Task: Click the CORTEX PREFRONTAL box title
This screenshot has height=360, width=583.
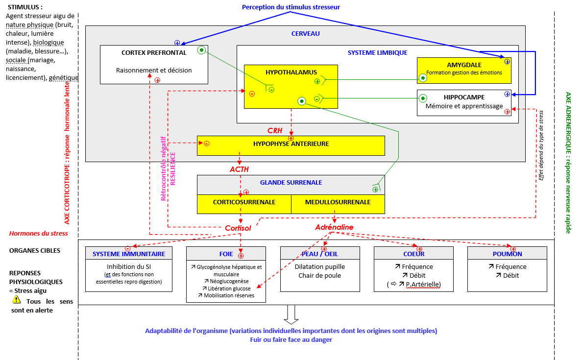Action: point(154,52)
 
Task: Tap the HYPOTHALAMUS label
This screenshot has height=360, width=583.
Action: point(291,72)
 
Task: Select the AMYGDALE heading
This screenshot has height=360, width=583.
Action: point(464,65)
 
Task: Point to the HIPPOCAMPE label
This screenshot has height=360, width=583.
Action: point(464,97)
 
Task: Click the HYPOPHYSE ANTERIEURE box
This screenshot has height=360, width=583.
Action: point(291,144)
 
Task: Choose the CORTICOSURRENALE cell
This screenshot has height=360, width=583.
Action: point(244,202)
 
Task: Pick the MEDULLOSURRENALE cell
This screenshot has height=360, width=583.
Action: point(338,202)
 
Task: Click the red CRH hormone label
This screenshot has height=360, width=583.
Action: point(275,131)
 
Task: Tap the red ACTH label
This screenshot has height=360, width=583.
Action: point(239,169)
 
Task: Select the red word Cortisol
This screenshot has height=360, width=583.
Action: point(238,228)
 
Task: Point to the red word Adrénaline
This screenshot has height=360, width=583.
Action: point(334,227)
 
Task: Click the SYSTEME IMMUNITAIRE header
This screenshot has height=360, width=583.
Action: point(129,254)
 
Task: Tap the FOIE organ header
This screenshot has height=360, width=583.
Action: point(226,254)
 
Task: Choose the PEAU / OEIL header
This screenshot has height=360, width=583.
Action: point(320,254)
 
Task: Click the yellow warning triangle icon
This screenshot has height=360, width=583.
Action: point(17,300)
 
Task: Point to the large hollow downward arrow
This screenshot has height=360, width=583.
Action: point(291,314)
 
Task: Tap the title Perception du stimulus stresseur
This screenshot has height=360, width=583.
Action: point(291,7)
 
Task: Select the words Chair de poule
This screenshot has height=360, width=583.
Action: point(320,275)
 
